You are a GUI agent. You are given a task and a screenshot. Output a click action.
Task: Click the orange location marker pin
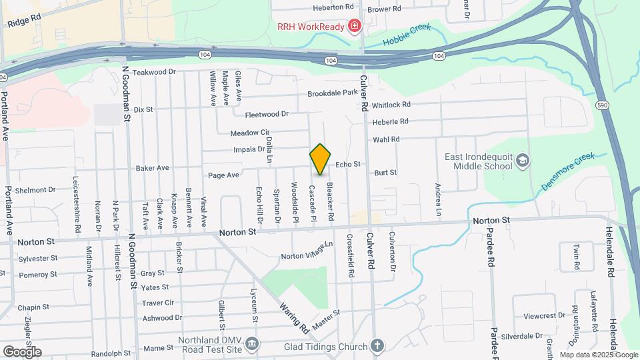coord(321,159)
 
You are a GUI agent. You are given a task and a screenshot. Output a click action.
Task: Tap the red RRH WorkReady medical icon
coord(355,27)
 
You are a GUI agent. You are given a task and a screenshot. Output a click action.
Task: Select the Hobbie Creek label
coord(407,35)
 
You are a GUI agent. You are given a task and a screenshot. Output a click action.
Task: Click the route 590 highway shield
coord(602,105)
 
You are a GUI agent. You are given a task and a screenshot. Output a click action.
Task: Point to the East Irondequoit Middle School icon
coord(523,160)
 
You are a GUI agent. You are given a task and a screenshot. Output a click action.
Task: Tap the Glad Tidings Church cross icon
coord(377,345)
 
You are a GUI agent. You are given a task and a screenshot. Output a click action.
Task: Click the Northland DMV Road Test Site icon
coord(251,344)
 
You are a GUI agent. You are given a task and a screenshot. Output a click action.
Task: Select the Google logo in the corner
coord(22,351)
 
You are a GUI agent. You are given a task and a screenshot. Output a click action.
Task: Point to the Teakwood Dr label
coord(154,71)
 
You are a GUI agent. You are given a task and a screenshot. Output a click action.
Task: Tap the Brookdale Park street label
coord(333,93)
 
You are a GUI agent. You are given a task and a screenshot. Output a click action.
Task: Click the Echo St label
coord(347,164)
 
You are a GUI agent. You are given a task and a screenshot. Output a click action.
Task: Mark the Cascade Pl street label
coord(312,203)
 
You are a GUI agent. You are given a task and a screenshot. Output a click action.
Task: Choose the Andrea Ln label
coord(438,199)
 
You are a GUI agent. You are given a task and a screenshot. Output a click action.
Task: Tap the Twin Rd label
coord(577,256)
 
